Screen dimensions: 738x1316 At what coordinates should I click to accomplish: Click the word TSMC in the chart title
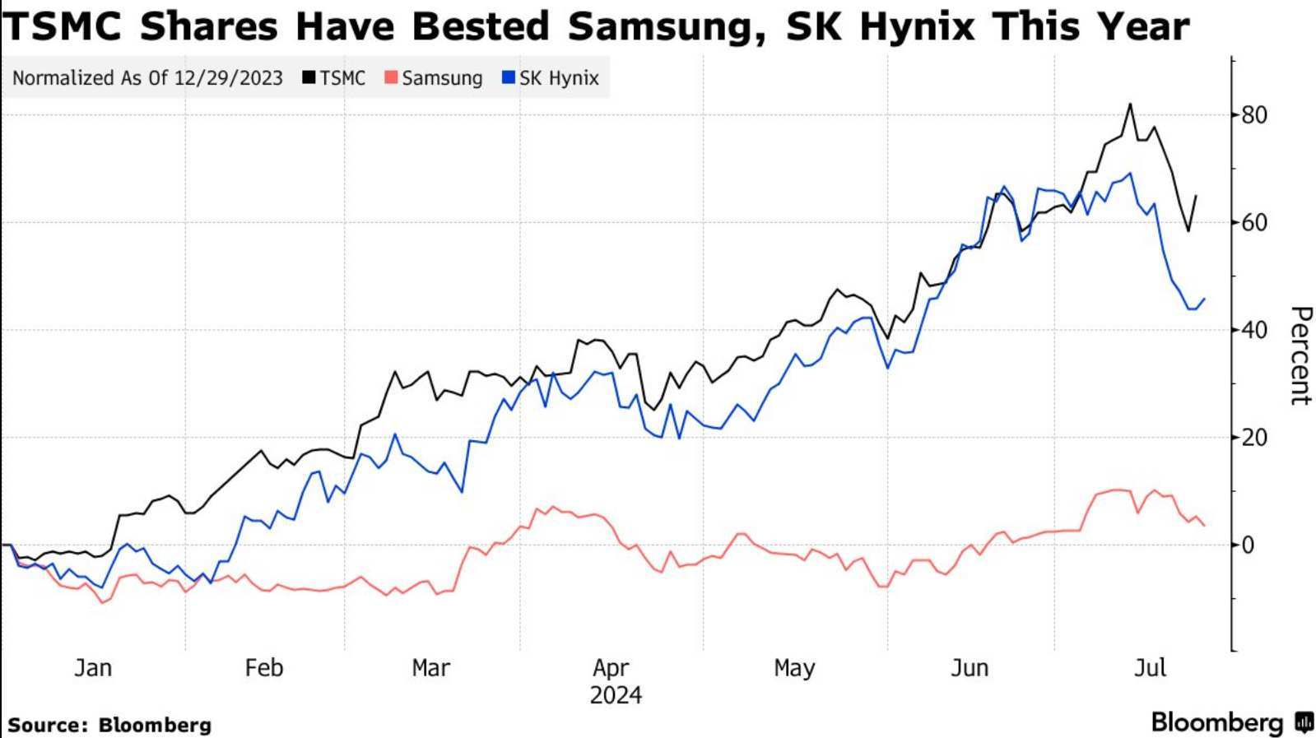61,26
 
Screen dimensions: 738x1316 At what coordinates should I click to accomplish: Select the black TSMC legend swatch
309,78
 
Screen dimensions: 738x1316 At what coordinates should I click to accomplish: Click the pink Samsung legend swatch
391,78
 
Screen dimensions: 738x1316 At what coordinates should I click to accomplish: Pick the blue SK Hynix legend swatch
508,78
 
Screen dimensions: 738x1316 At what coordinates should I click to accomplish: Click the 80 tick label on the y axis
1254,115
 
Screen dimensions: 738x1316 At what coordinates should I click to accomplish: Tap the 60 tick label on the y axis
1254,223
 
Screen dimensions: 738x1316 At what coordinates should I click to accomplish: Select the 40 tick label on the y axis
1254,330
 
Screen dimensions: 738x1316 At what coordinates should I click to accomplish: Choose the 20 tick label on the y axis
1254,438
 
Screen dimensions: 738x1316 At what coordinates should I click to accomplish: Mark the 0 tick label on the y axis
1249,545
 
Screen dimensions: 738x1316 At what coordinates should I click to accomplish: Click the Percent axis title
1300,355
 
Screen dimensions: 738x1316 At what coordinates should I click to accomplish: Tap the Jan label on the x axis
92,667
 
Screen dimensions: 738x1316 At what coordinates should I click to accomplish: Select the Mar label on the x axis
430,667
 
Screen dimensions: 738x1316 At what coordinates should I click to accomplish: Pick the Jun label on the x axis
969,667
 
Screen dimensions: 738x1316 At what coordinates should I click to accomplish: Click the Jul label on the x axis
1150,667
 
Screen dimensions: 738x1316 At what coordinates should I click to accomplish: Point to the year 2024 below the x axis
616,695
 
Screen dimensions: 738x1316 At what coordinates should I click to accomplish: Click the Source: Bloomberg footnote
109,725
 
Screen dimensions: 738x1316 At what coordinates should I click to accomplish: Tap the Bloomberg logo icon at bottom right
1304,722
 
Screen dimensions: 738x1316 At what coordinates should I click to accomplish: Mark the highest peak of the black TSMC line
1130,104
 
